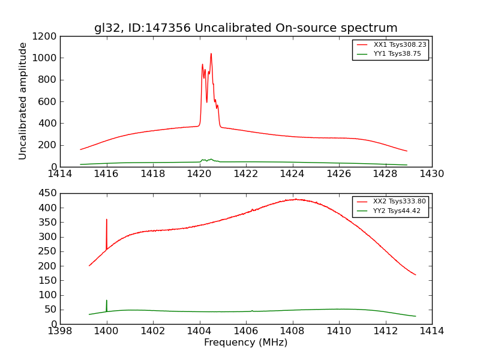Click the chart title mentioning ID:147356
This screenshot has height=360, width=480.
point(245,28)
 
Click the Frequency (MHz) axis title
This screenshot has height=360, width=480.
point(245,343)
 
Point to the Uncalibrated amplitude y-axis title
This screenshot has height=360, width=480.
point(23,101)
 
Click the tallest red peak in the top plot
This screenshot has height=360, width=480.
point(211,54)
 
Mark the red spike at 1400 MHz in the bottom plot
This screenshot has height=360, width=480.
point(107,220)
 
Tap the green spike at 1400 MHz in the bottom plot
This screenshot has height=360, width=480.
point(107,301)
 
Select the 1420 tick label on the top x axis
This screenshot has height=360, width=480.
point(199,174)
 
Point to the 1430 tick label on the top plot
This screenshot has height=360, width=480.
point(431,174)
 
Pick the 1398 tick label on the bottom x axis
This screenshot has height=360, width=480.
point(60,331)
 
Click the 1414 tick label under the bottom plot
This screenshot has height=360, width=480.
point(431,331)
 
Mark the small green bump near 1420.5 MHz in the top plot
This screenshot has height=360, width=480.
point(211,159)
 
